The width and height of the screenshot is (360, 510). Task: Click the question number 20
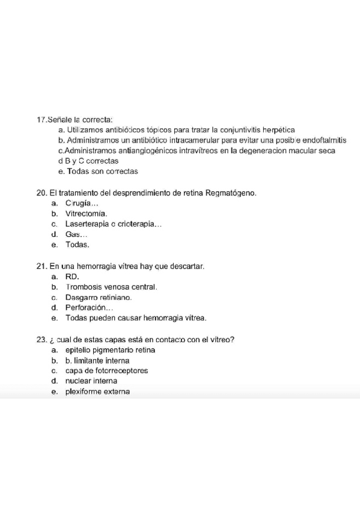point(41,193)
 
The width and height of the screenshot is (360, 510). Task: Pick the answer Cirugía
point(81,203)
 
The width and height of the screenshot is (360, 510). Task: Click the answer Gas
point(76,235)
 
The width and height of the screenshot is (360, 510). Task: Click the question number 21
point(41,265)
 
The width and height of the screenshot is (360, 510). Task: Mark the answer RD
point(72,276)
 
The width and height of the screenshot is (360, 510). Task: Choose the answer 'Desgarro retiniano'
point(98,297)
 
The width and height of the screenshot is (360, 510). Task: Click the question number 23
point(41,339)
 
